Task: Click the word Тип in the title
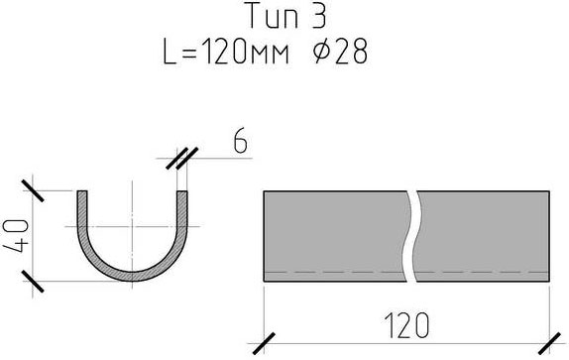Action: tap(274, 16)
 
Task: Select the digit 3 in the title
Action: tap(319, 16)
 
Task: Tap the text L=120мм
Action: tap(226, 52)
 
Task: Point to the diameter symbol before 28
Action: tap(322, 52)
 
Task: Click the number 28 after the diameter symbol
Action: tap(351, 52)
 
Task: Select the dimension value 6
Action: tap(240, 140)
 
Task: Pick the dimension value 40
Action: tap(15, 236)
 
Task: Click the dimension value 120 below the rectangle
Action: tap(406, 325)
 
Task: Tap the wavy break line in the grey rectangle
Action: tap(411, 236)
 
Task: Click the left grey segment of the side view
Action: tap(334, 236)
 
